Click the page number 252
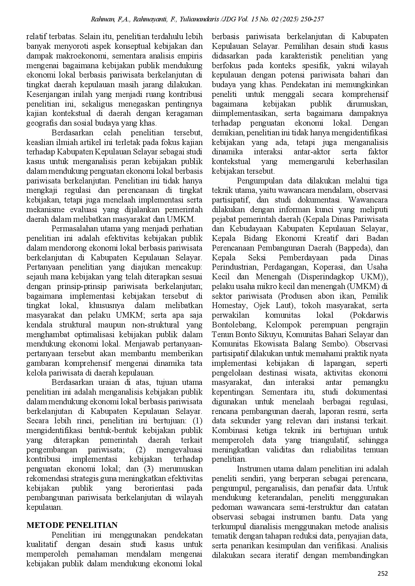383,574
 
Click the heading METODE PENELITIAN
72,525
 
